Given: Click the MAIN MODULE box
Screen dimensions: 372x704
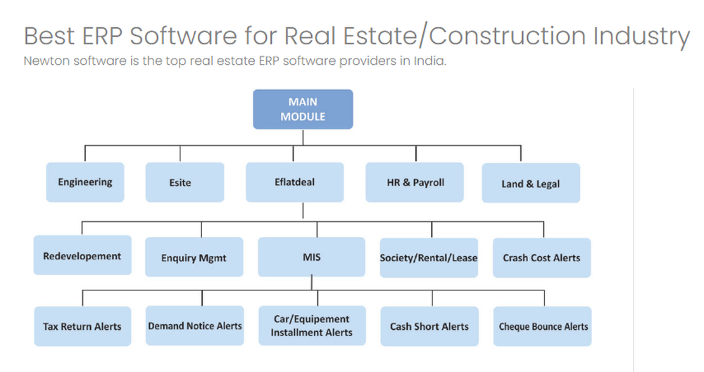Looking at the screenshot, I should (303, 109).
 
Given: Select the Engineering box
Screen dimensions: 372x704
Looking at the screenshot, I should (85, 182).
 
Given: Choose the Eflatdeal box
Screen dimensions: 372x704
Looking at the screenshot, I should (294, 182).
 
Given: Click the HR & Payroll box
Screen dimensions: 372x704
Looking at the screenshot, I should (415, 182).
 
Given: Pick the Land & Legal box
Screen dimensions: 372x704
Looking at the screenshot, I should (531, 184).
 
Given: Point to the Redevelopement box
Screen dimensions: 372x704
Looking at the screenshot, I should (82, 256).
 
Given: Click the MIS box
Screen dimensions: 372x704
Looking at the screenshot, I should (311, 257).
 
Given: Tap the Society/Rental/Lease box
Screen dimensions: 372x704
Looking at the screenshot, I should (429, 258).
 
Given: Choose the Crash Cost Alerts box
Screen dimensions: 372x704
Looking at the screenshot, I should (541, 258).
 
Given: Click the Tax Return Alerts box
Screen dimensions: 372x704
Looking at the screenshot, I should (82, 326).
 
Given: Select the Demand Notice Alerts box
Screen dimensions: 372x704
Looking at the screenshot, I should (195, 326).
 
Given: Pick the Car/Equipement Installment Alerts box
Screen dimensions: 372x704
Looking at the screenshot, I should (311, 326).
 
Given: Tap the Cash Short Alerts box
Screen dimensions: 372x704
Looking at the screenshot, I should (429, 326).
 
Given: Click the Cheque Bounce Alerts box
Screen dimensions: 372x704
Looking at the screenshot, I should (543, 326).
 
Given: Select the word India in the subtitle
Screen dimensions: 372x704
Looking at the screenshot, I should (430, 61).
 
